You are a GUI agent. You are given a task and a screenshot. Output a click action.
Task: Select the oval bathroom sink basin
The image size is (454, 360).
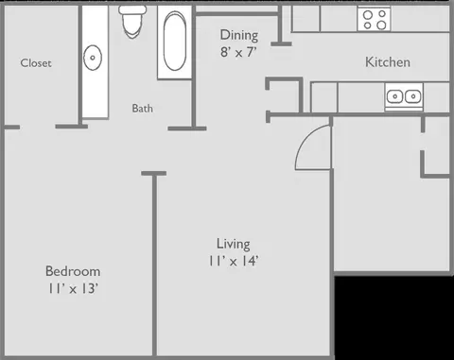93,59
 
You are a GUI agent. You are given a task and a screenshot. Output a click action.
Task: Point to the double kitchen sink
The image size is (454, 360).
404,95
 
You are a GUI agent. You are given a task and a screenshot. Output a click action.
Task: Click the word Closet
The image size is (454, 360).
36,63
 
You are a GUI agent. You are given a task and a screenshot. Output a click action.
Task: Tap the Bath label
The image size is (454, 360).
142,108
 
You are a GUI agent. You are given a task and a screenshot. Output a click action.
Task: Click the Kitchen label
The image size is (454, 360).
388,62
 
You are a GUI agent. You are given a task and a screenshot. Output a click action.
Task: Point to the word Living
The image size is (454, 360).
232,242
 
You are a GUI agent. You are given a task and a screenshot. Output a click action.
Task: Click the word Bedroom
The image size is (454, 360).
72,271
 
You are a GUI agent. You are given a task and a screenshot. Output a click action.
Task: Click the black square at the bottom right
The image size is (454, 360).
393,317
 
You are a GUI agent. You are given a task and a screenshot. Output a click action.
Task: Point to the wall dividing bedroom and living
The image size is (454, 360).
153,265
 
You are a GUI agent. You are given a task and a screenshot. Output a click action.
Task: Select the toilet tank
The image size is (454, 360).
132,12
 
